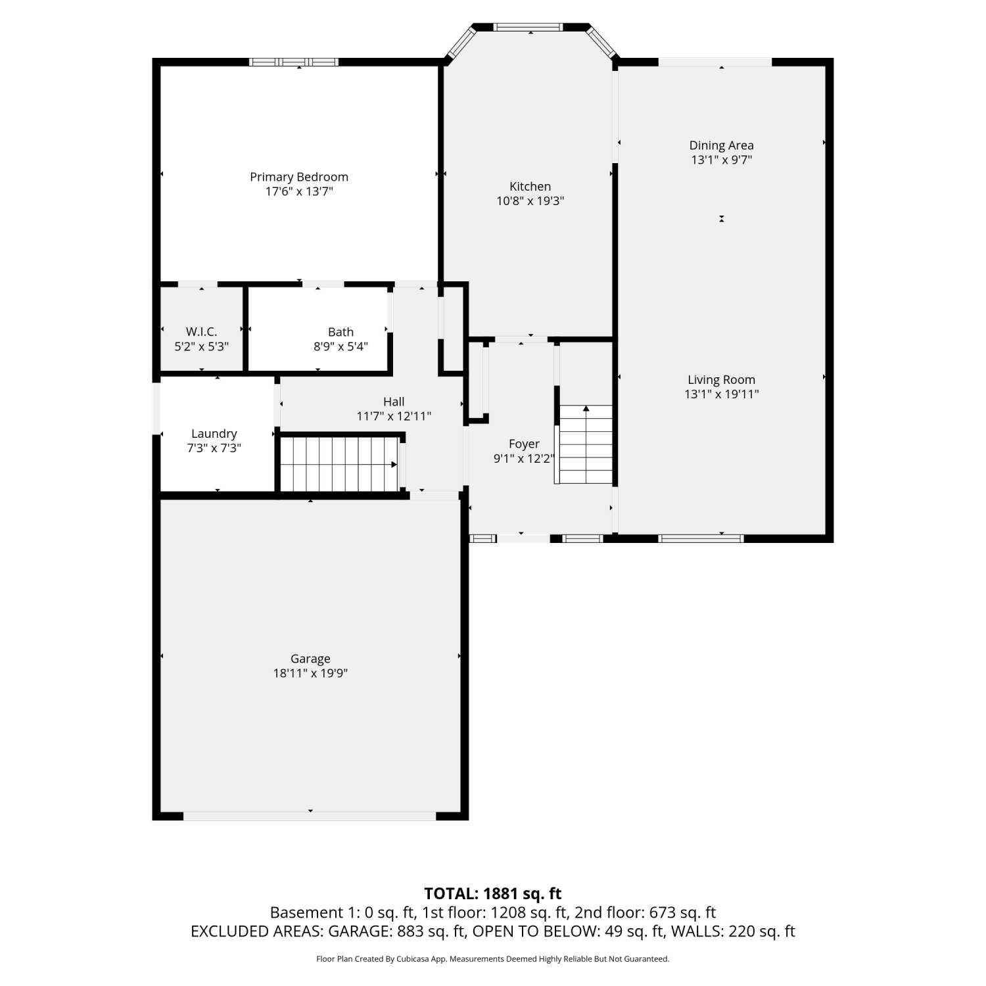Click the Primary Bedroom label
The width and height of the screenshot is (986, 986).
click(x=299, y=177)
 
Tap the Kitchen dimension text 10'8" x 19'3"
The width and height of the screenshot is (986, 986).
click(x=530, y=201)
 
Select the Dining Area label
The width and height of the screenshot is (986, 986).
click(x=721, y=145)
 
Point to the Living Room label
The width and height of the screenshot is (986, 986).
click(x=721, y=379)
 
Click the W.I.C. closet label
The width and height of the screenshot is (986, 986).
click(x=201, y=332)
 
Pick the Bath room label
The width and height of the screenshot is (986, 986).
click(x=340, y=332)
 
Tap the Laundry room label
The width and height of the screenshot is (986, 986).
click(x=214, y=434)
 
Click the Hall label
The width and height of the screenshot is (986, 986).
click(x=394, y=401)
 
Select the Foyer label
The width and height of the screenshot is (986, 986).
click(x=524, y=444)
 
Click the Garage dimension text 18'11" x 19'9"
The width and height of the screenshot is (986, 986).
click(x=310, y=673)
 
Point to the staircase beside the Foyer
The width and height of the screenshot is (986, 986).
click(x=585, y=444)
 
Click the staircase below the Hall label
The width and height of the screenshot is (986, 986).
click(x=339, y=464)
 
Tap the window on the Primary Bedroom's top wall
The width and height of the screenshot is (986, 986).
click(x=294, y=62)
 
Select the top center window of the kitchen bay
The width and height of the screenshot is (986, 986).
click(x=528, y=27)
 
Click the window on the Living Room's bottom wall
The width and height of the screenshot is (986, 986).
click(x=701, y=538)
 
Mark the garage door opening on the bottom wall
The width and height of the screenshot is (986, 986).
click(x=310, y=816)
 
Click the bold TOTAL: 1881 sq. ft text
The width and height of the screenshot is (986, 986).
click(x=493, y=893)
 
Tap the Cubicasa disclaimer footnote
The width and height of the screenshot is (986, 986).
click(x=493, y=959)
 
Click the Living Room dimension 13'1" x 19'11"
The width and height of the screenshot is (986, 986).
click(x=721, y=394)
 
